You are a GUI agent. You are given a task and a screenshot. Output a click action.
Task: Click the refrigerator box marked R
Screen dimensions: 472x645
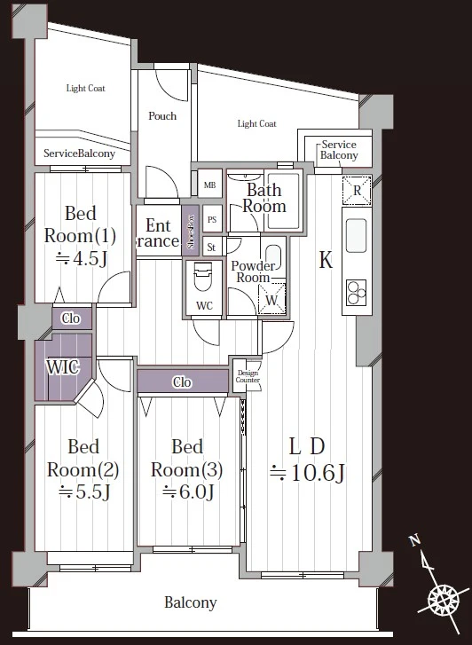[357, 191]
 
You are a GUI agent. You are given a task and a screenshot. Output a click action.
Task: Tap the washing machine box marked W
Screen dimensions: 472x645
[271, 299]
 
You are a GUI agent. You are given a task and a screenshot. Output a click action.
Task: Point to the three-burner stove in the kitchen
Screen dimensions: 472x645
[356, 293]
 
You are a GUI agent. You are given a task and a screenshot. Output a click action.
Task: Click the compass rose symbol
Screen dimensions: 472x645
[444, 600]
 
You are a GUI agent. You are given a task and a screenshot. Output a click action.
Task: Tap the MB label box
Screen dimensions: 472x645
[210, 185]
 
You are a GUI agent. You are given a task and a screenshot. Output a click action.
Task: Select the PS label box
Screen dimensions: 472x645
[212, 220]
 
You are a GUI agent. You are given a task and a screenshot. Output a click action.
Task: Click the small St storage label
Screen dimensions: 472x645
[211, 247]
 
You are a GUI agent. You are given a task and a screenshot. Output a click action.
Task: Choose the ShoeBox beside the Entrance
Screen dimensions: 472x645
[191, 232]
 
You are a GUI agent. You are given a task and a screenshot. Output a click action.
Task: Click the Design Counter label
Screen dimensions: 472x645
[248, 376]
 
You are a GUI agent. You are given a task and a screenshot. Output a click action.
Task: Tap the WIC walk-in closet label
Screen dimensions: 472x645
[63, 367]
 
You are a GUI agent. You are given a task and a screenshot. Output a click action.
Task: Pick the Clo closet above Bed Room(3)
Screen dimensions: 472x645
[182, 381]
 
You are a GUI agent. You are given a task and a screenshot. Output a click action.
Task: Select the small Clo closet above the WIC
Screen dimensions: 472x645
[71, 318]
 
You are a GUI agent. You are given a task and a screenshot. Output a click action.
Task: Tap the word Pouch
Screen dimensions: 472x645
[162, 116]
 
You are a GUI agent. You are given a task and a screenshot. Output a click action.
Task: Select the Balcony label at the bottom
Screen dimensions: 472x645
[191, 603]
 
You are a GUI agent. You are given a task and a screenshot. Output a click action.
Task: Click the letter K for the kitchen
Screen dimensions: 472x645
[326, 260]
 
